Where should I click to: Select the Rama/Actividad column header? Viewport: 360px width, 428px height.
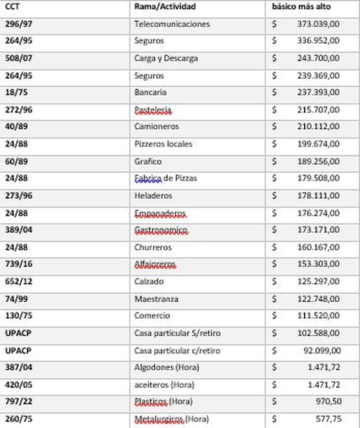click(x=165, y=7)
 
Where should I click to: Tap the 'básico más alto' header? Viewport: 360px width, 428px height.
click(x=301, y=7)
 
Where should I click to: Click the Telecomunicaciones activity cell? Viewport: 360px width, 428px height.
click(x=172, y=24)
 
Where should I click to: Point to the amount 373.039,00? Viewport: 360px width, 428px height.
click(x=318, y=24)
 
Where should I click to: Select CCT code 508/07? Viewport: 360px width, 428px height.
click(x=18, y=58)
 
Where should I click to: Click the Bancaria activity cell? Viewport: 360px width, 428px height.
click(x=150, y=92)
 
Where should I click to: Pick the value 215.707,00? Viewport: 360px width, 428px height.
click(x=318, y=109)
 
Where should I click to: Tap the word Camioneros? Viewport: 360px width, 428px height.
click(x=156, y=126)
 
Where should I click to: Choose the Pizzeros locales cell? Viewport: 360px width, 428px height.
click(x=163, y=144)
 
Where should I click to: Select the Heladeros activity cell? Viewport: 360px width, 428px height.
click(x=153, y=196)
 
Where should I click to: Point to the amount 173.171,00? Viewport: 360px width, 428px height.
click(x=318, y=230)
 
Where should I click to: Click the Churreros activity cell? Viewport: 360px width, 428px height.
click(x=153, y=247)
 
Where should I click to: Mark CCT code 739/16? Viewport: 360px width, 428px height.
click(x=18, y=264)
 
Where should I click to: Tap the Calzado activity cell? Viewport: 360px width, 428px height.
click(x=149, y=282)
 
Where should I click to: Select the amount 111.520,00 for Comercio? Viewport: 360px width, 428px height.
click(x=318, y=316)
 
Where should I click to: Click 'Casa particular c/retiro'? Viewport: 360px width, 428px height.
click(x=177, y=351)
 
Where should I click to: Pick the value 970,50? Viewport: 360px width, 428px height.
click(x=328, y=402)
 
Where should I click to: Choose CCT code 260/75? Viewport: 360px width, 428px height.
click(x=18, y=419)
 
